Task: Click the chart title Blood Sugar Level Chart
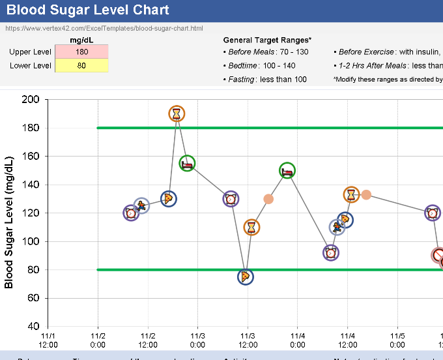[88, 10]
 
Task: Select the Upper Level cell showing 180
[81, 52]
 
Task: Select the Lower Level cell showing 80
[81, 65]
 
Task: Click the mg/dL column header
[81, 40]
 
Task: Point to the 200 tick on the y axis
[31, 100]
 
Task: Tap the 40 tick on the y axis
[33, 326]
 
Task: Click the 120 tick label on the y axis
[31, 213]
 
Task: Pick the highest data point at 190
[177, 113]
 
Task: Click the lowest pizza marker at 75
[245, 277]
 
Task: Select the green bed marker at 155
[188, 164]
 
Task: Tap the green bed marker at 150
[287, 170]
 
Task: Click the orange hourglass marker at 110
[252, 227]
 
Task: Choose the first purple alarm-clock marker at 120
[131, 213]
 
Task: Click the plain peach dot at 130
[268, 199]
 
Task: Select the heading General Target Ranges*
[267, 40]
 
